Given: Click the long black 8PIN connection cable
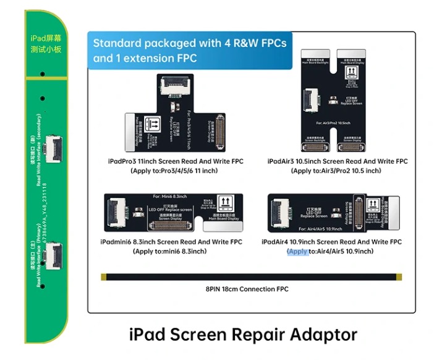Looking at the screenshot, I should click(x=247, y=276).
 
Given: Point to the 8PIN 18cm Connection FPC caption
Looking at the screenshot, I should click(x=247, y=289).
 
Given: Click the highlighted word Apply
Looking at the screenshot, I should click(x=297, y=252).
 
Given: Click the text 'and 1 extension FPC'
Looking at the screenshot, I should click(x=145, y=58).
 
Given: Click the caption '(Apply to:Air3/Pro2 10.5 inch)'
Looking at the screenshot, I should click(x=336, y=171).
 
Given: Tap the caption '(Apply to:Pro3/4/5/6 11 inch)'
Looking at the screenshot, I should click(x=175, y=171).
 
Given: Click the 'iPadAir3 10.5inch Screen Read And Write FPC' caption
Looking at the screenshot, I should click(x=338, y=161).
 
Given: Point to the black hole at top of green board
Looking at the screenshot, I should click(x=43, y=74).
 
